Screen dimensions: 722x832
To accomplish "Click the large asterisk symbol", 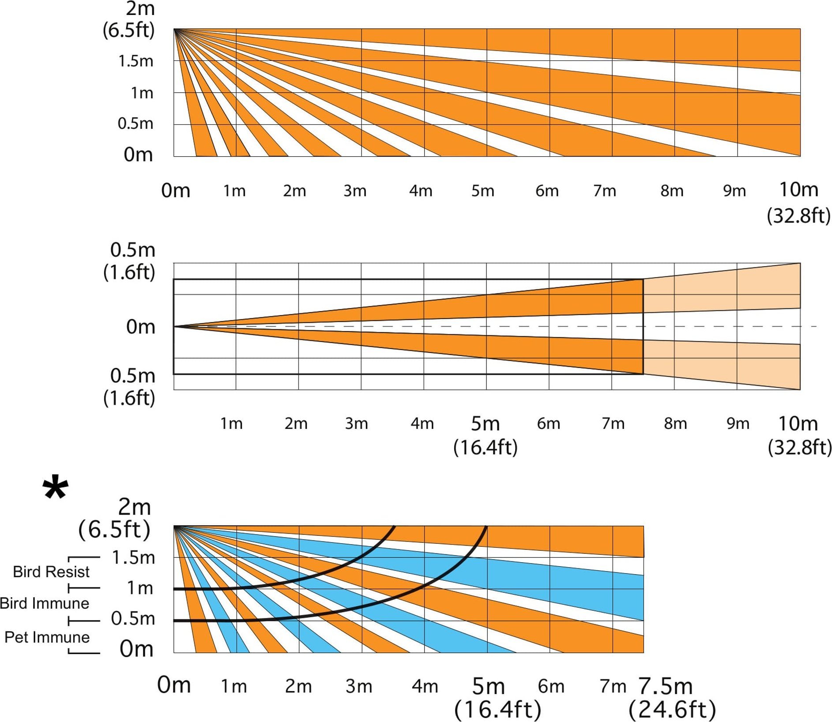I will [x=56, y=488].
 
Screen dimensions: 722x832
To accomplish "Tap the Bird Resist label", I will [x=51, y=572].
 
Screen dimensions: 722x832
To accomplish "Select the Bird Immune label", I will [x=45, y=603].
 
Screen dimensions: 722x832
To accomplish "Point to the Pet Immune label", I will [x=47, y=637].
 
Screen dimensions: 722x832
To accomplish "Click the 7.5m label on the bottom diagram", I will [x=666, y=686].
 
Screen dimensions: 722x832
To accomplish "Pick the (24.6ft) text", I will [x=672, y=710].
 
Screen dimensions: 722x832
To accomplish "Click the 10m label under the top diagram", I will [x=798, y=190].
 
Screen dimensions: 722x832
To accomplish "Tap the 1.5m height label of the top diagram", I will [x=136, y=61].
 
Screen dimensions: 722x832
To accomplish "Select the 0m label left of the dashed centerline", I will [x=141, y=327].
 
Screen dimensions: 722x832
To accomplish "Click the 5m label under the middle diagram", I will [x=485, y=424].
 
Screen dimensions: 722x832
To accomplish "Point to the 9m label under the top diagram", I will [x=734, y=191].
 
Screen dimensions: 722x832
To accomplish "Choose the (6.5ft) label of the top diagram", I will [x=128, y=30].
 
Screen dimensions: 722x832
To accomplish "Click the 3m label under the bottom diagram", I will [x=359, y=686].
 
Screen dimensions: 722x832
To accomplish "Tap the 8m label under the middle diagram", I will [x=675, y=424].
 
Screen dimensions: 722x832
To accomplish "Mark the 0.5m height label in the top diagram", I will [x=136, y=124].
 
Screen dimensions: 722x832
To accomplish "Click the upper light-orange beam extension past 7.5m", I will [x=724, y=289].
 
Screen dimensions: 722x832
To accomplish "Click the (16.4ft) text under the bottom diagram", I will [x=497, y=710].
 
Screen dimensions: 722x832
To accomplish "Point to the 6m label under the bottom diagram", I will [x=551, y=686].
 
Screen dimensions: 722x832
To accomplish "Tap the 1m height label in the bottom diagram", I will [x=140, y=588].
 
